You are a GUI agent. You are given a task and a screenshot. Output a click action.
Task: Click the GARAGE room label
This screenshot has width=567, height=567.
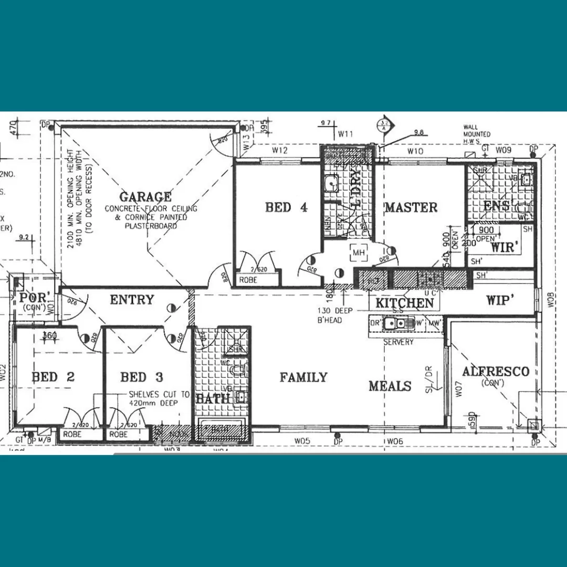pyautogui.click(x=145, y=197)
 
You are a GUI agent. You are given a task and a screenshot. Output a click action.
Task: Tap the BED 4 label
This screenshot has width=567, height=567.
pyautogui.click(x=286, y=207)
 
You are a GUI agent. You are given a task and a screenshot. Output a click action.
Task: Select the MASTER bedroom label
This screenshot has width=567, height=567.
pyautogui.click(x=412, y=207)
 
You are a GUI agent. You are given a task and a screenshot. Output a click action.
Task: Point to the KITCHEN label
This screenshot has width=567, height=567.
pyautogui.click(x=404, y=303)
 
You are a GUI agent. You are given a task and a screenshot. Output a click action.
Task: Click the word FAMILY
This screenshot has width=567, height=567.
pyautogui.click(x=303, y=377)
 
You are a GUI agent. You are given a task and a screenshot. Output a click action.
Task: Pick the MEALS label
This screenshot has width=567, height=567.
pyautogui.click(x=390, y=386)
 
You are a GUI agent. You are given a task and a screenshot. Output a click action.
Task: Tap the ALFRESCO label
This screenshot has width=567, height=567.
pyautogui.click(x=495, y=372)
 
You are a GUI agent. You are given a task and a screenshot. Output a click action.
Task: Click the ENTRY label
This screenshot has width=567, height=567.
pyautogui.click(x=132, y=300)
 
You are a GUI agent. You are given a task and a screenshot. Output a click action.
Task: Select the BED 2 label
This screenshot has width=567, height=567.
pyautogui.click(x=53, y=377)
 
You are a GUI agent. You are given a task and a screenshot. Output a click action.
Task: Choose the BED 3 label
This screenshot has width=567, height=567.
pyautogui.click(x=142, y=377)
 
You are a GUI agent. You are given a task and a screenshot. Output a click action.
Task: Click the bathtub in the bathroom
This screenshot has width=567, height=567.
pyautogui.click(x=221, y=430)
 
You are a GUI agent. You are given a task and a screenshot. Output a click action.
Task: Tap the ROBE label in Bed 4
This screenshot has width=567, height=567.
pyautogui.click(x=248, y=280)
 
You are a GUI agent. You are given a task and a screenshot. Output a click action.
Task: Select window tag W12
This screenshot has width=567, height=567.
pyautogui.click(x=280, y=151)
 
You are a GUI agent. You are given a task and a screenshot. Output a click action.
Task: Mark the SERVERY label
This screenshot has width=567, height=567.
pyautogui.click(x=398, y=342)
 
